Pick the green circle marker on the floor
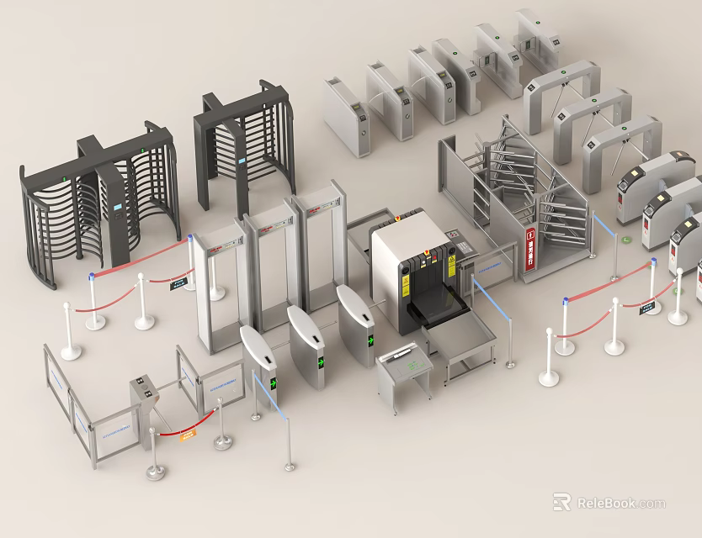pos(627,240)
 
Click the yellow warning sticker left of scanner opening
pos(405,287)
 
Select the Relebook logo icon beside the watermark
pos(561,503)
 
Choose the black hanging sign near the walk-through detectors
pos(178,284)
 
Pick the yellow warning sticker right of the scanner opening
pos(451,266)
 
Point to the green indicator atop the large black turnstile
pos(144,151)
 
